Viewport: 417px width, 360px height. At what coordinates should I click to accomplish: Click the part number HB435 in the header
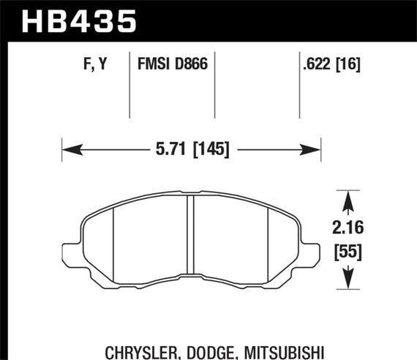tap(80, 21)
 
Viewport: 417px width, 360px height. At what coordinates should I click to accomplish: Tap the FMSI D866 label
tap(173, 64)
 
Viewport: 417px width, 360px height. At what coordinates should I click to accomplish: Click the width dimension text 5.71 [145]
tap(191, 150)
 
